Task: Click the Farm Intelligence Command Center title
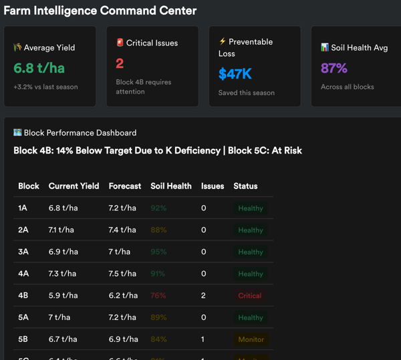(100, 11)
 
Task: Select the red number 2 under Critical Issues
(120, 63)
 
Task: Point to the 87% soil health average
(334, 68)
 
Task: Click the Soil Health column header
(171, 186)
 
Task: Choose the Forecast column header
(125, 186)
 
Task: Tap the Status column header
(245, 186)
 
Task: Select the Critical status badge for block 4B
(250, 296)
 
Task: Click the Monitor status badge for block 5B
(251, 339)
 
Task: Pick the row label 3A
(23, 252)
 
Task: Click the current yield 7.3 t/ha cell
(63, 274)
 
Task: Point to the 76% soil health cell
(158, 296)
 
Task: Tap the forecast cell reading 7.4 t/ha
(122, 230)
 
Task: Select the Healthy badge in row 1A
(251, 208)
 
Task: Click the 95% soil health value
(158, 252)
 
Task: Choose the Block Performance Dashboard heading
(80, 133)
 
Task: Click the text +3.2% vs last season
(45, 87)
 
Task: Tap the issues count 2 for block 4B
(204, 296)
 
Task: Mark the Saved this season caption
(246, 93)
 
